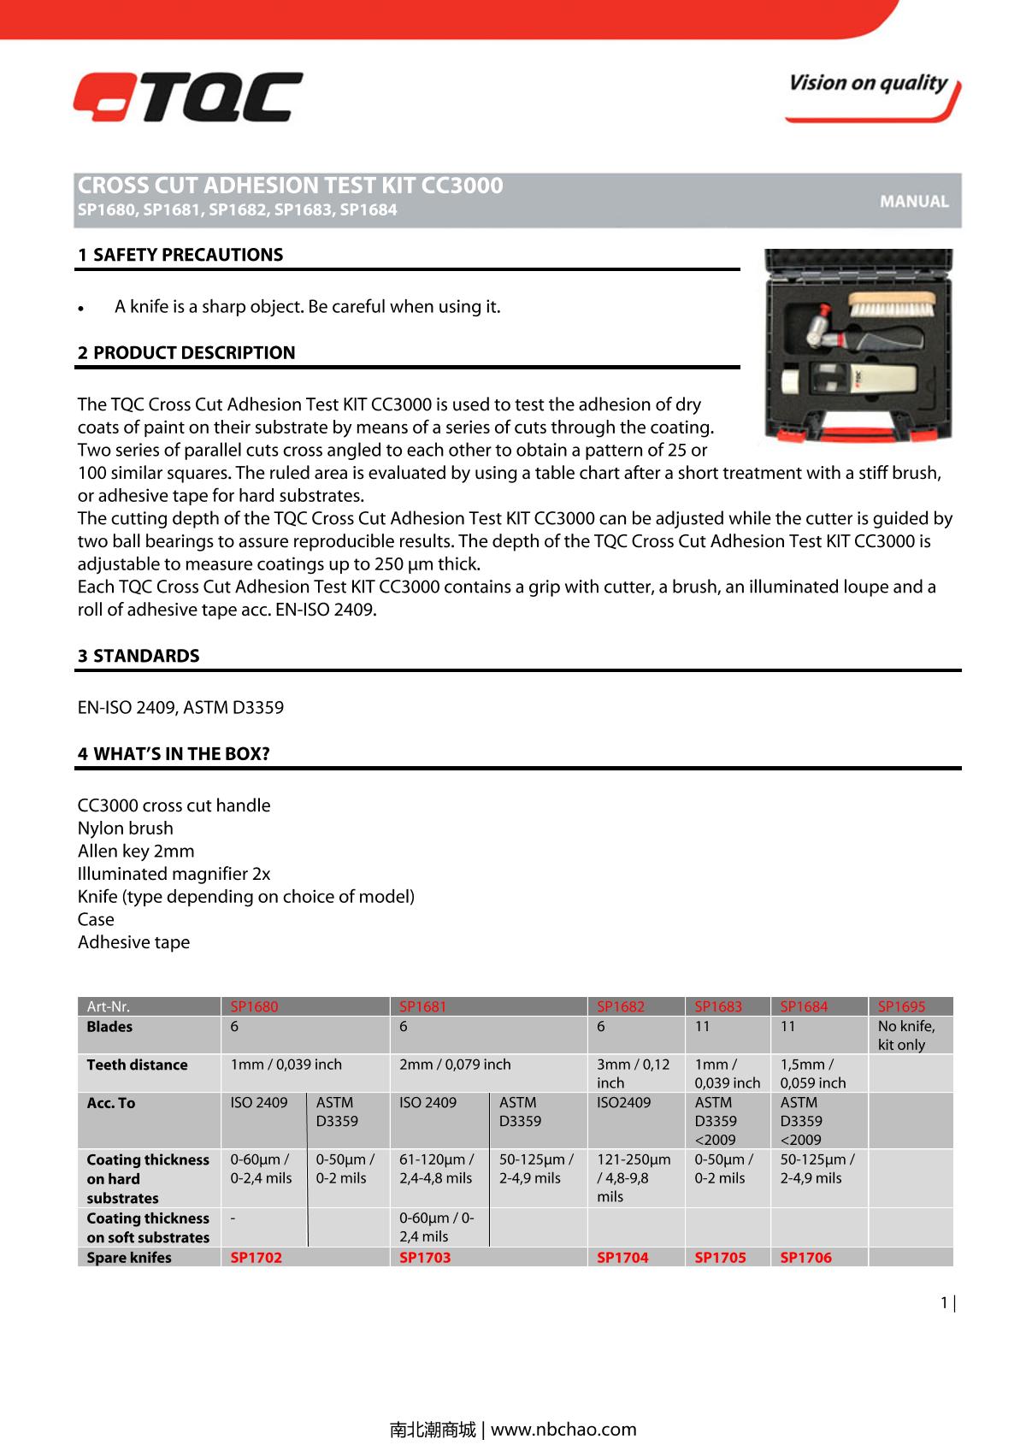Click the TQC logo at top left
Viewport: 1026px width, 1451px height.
click(x=187, y=97)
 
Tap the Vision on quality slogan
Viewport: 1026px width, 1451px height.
click(x=869, y=84)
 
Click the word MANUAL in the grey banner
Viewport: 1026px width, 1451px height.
click(x=914, y=202)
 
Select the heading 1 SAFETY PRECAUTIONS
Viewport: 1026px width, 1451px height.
click(x=180, y=255)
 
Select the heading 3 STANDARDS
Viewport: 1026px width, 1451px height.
click(x=139, y=656)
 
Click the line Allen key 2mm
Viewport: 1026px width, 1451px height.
click(x=136, y=851)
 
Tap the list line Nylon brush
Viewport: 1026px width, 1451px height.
click(x=126, y=828)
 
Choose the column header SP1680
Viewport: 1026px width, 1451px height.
click(x=254, y=1006)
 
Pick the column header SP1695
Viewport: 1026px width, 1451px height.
click(x=901, y=1006)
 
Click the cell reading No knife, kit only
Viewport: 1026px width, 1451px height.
click(x=906, y=1035)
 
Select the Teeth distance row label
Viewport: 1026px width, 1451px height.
click(x=137, y=1065)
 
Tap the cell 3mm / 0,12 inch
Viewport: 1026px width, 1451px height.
click(x=634, y=1073)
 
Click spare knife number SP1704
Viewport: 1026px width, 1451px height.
click(x=622, y=1257)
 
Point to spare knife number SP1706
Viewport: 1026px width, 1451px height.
click(x=805, y=1257)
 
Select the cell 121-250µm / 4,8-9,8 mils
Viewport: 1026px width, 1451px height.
click(x=634, y=1177)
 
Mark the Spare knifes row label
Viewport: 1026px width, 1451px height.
click(x=129, y=1257)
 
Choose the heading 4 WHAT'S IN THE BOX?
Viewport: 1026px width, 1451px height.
click(x=174, y=753)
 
